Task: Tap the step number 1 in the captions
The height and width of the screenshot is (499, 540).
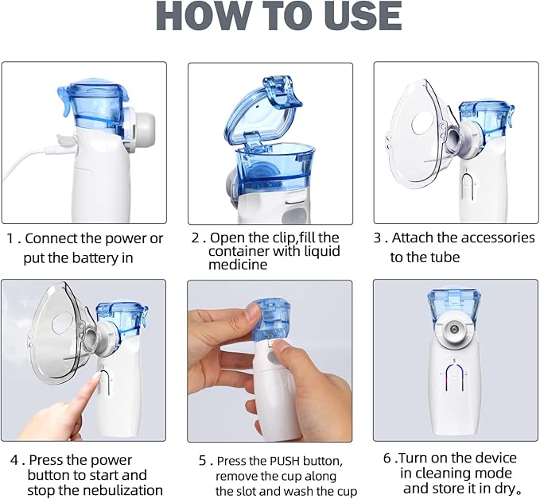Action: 10,238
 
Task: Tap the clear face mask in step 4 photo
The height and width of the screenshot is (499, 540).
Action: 56,334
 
